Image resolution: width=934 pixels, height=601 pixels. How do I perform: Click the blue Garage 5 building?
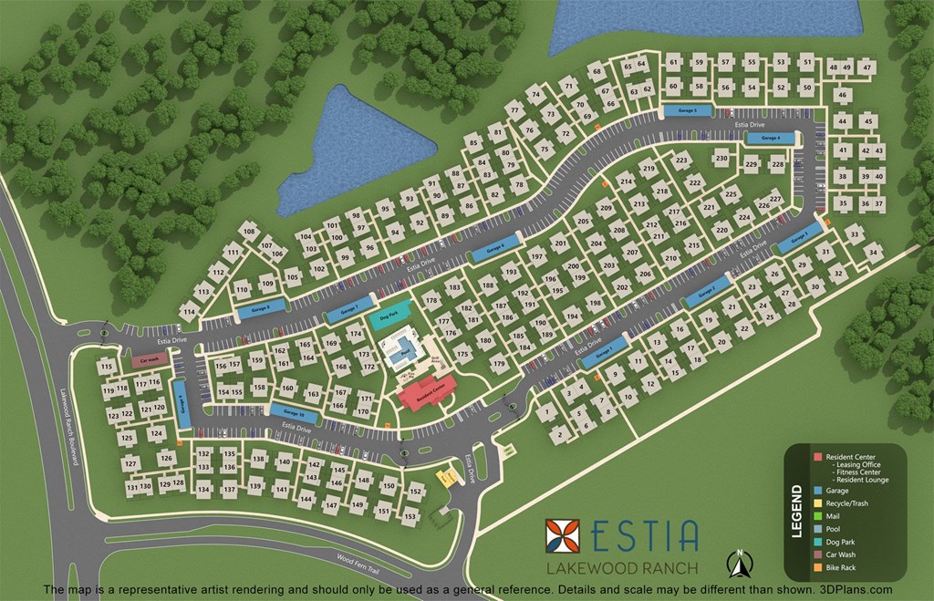pyautogui.click(x=687, y=110)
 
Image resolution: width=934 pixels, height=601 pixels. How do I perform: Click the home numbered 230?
pyautogui.click(x=721, y=159)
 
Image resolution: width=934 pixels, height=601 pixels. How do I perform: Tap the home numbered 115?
pyautogui.click(x=107, y=367)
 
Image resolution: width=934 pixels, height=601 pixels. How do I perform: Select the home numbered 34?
pyautogui.click(x=874, y=253)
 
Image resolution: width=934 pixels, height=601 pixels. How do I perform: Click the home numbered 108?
pyautogui.click(x=248, y=233)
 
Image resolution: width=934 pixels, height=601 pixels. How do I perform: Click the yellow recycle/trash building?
pyautogui.click(x=446, y=477)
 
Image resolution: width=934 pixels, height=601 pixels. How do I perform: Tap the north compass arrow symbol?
pyautogui.click(x=737, y=563)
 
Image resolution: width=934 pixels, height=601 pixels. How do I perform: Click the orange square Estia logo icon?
pyautogui.click(x=563, y=537)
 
